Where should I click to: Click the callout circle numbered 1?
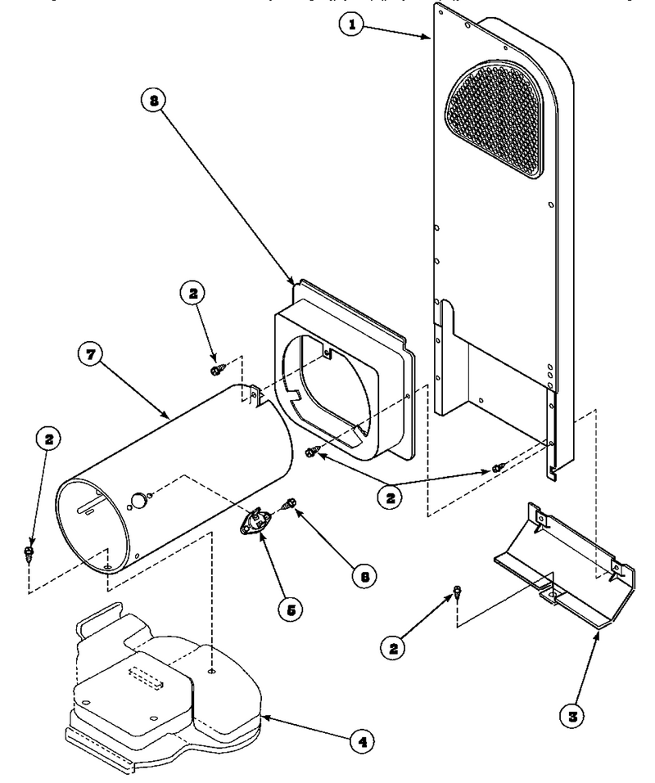click(x=352, y=24)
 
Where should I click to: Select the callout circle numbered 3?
click(x=572, y=716)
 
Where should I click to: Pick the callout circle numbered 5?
click(x=291, y=610)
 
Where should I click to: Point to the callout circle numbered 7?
click(x=91, y=354)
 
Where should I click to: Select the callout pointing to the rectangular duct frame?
click(x=154, y=101)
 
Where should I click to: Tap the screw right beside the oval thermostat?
click(x=289, y=504)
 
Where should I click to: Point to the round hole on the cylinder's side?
click(x=138, y=499)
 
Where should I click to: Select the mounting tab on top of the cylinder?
click(x=255, y=395)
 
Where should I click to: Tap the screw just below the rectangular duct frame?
click(x=310, y=452)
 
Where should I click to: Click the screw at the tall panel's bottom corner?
click(x=498, y=468)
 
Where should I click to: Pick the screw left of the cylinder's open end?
click(x=29, y=553)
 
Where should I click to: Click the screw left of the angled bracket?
click(x=456, y=592)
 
